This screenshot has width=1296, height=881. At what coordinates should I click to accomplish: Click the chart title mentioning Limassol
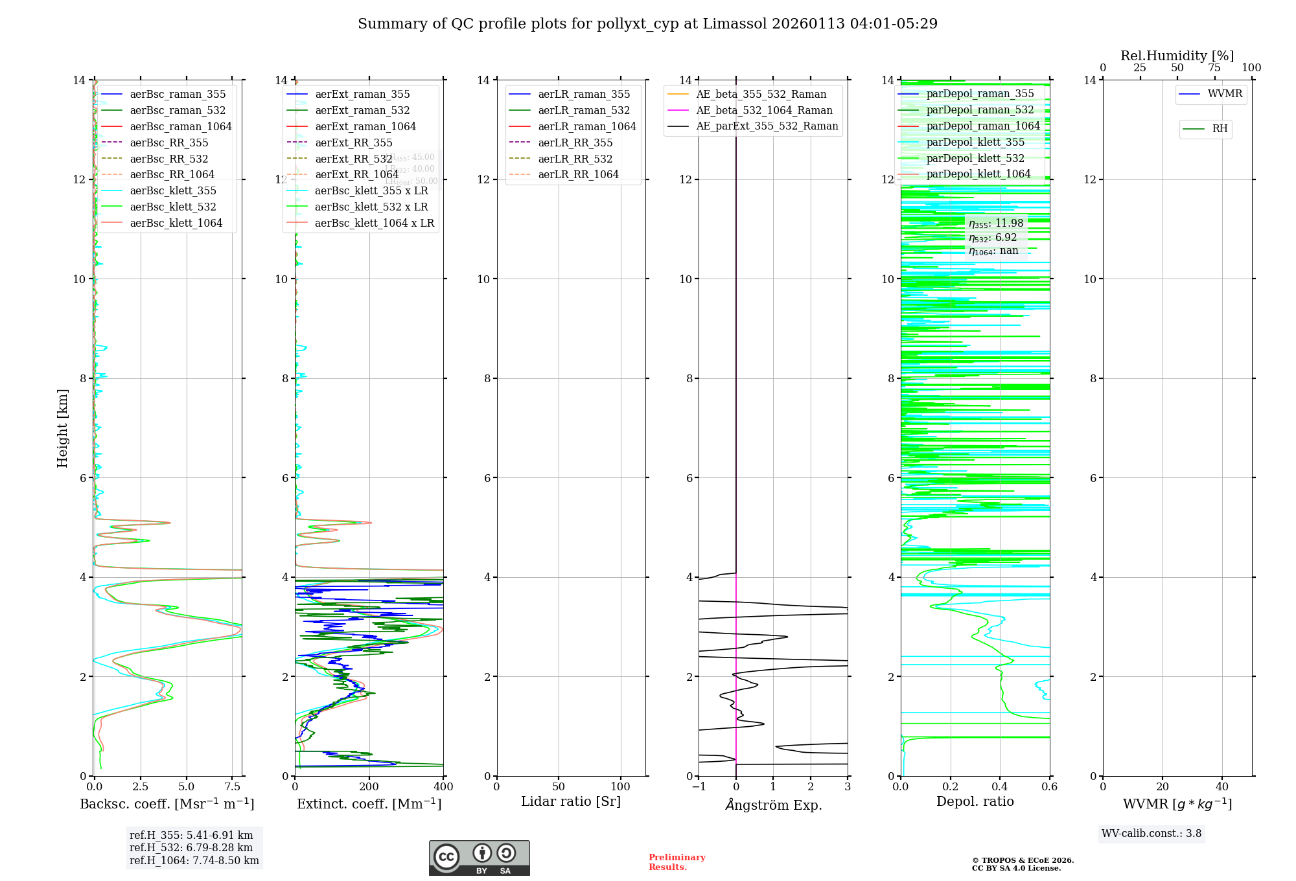(647, 24)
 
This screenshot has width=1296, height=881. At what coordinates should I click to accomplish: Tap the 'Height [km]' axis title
(62, 428)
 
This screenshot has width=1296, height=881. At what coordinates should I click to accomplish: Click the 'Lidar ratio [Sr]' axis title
(570, 801)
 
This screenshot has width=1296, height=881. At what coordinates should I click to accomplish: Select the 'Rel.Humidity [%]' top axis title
(1177, 56)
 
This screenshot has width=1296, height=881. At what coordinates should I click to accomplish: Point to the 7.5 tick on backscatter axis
(233, 786)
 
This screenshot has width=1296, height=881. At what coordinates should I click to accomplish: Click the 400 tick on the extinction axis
(443, 786)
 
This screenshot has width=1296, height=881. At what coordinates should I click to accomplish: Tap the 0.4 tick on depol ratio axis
(1000, 786)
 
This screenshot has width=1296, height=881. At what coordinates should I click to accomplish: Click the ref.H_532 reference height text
(191, 847)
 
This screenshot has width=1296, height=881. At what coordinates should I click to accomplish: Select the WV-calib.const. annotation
(1151, 833)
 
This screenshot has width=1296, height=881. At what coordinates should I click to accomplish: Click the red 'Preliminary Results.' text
(677, 862)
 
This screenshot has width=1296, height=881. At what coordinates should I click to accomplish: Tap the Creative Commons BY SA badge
(479, 858)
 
